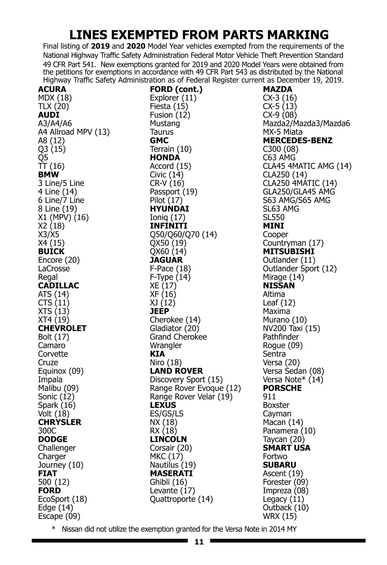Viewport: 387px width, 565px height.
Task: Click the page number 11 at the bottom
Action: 199,542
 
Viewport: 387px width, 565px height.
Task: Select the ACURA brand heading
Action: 52,89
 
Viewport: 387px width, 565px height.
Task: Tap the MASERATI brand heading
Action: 171,474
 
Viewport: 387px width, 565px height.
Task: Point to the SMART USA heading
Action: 286,448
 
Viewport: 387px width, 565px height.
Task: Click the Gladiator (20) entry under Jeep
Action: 174,328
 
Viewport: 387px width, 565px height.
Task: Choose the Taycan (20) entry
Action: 283,439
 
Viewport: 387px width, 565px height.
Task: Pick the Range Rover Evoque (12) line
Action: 195,388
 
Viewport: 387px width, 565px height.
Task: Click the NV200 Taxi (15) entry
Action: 291,328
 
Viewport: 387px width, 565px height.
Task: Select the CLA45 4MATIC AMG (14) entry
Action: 307,166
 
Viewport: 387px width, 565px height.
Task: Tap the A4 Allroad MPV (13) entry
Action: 74,132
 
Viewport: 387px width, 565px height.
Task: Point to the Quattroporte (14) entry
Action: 181,499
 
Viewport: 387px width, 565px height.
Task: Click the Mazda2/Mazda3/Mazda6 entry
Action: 306,123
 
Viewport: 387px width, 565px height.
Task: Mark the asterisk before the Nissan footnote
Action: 54,529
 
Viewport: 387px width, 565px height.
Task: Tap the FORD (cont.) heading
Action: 176,89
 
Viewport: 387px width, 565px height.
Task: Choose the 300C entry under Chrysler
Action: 47,431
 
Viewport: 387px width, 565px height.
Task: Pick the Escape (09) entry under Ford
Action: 59,516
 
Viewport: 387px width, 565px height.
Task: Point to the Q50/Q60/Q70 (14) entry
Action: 183,235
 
